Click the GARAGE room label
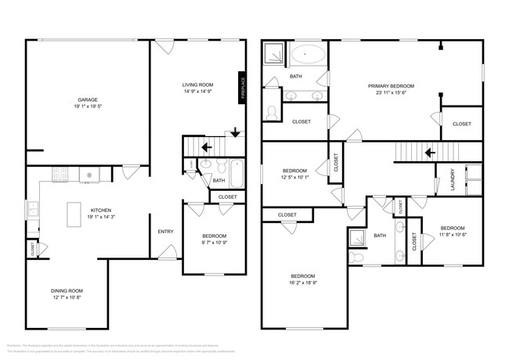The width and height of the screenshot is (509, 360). tap(87, 99)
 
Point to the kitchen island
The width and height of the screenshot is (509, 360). tap(75, 213)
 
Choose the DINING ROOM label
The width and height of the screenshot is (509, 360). tap(66, 290)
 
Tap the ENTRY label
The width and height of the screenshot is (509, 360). tap(165, 231)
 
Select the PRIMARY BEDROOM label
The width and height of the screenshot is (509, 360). tap(391, 85)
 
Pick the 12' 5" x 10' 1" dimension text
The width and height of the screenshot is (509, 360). tap(296, 177)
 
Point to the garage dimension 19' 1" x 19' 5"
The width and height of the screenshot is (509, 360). tap(87, 106)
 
